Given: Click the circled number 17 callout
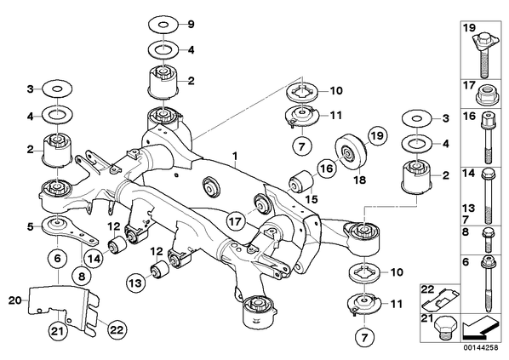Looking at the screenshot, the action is (236, 221).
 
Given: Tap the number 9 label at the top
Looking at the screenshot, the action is (191, 24).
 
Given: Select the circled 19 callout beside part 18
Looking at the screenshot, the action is (378, 135).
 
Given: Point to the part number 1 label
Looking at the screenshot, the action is (235, 157).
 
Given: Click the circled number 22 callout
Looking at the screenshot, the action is (117, 330).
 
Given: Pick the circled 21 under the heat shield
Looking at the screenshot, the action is (59, 331).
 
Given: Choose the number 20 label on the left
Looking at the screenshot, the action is (14, 300).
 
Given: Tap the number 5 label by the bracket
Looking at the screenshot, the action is (30, 226).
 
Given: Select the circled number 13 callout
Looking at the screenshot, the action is (135, 283).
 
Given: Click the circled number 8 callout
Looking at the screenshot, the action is (81, 276).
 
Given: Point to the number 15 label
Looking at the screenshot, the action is (312, 199).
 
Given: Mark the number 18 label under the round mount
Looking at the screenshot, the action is (360, 180).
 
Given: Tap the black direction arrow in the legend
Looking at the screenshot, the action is (479, 326).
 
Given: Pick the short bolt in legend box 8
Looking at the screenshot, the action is (488, 241).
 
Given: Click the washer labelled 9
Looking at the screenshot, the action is (163, 24).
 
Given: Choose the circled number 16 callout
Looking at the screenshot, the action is (327, 169).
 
